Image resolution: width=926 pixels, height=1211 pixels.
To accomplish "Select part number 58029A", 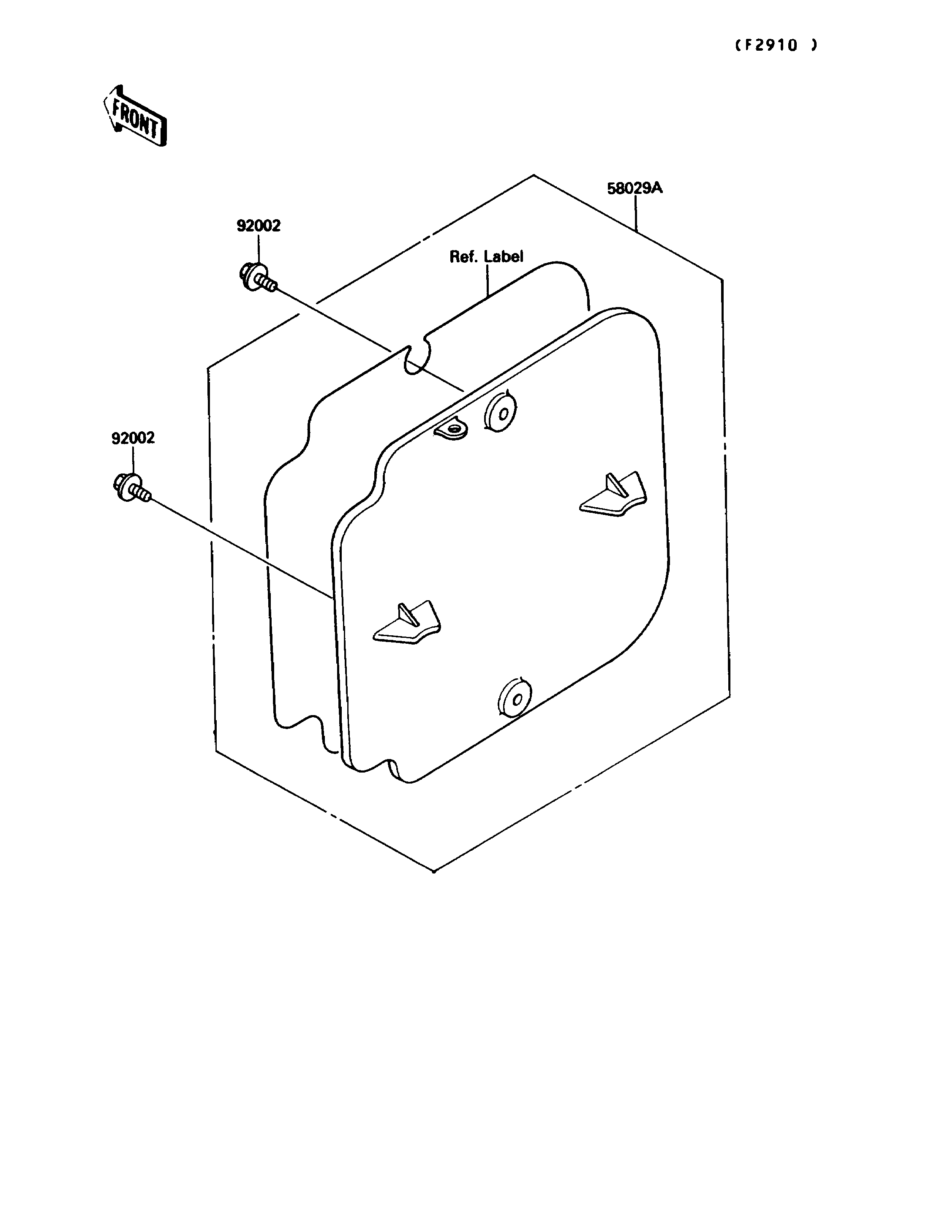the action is pyautogui.click(x=635, y=188).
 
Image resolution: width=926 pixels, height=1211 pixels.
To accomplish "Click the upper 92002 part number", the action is pyautogui.click(x=259, y=226).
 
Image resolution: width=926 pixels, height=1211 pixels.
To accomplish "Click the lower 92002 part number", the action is pyautogui.click(x=133, y=438).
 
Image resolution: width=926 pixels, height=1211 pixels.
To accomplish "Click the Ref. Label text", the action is pyautogui.click(x=486, y=256).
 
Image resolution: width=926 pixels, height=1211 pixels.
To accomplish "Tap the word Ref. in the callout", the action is pyautogui.click(x=463, y=256).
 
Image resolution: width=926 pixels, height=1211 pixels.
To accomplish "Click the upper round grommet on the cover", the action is pyautogui.click(x=500, y=412).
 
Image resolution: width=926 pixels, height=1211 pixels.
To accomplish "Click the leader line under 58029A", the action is pyautogui.click(x=636, y=214).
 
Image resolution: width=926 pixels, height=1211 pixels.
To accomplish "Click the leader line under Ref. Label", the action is pyautogui.click(x=487, y=282).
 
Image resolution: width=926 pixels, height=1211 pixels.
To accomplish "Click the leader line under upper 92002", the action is pyautogui.click(x=258, y=249).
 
